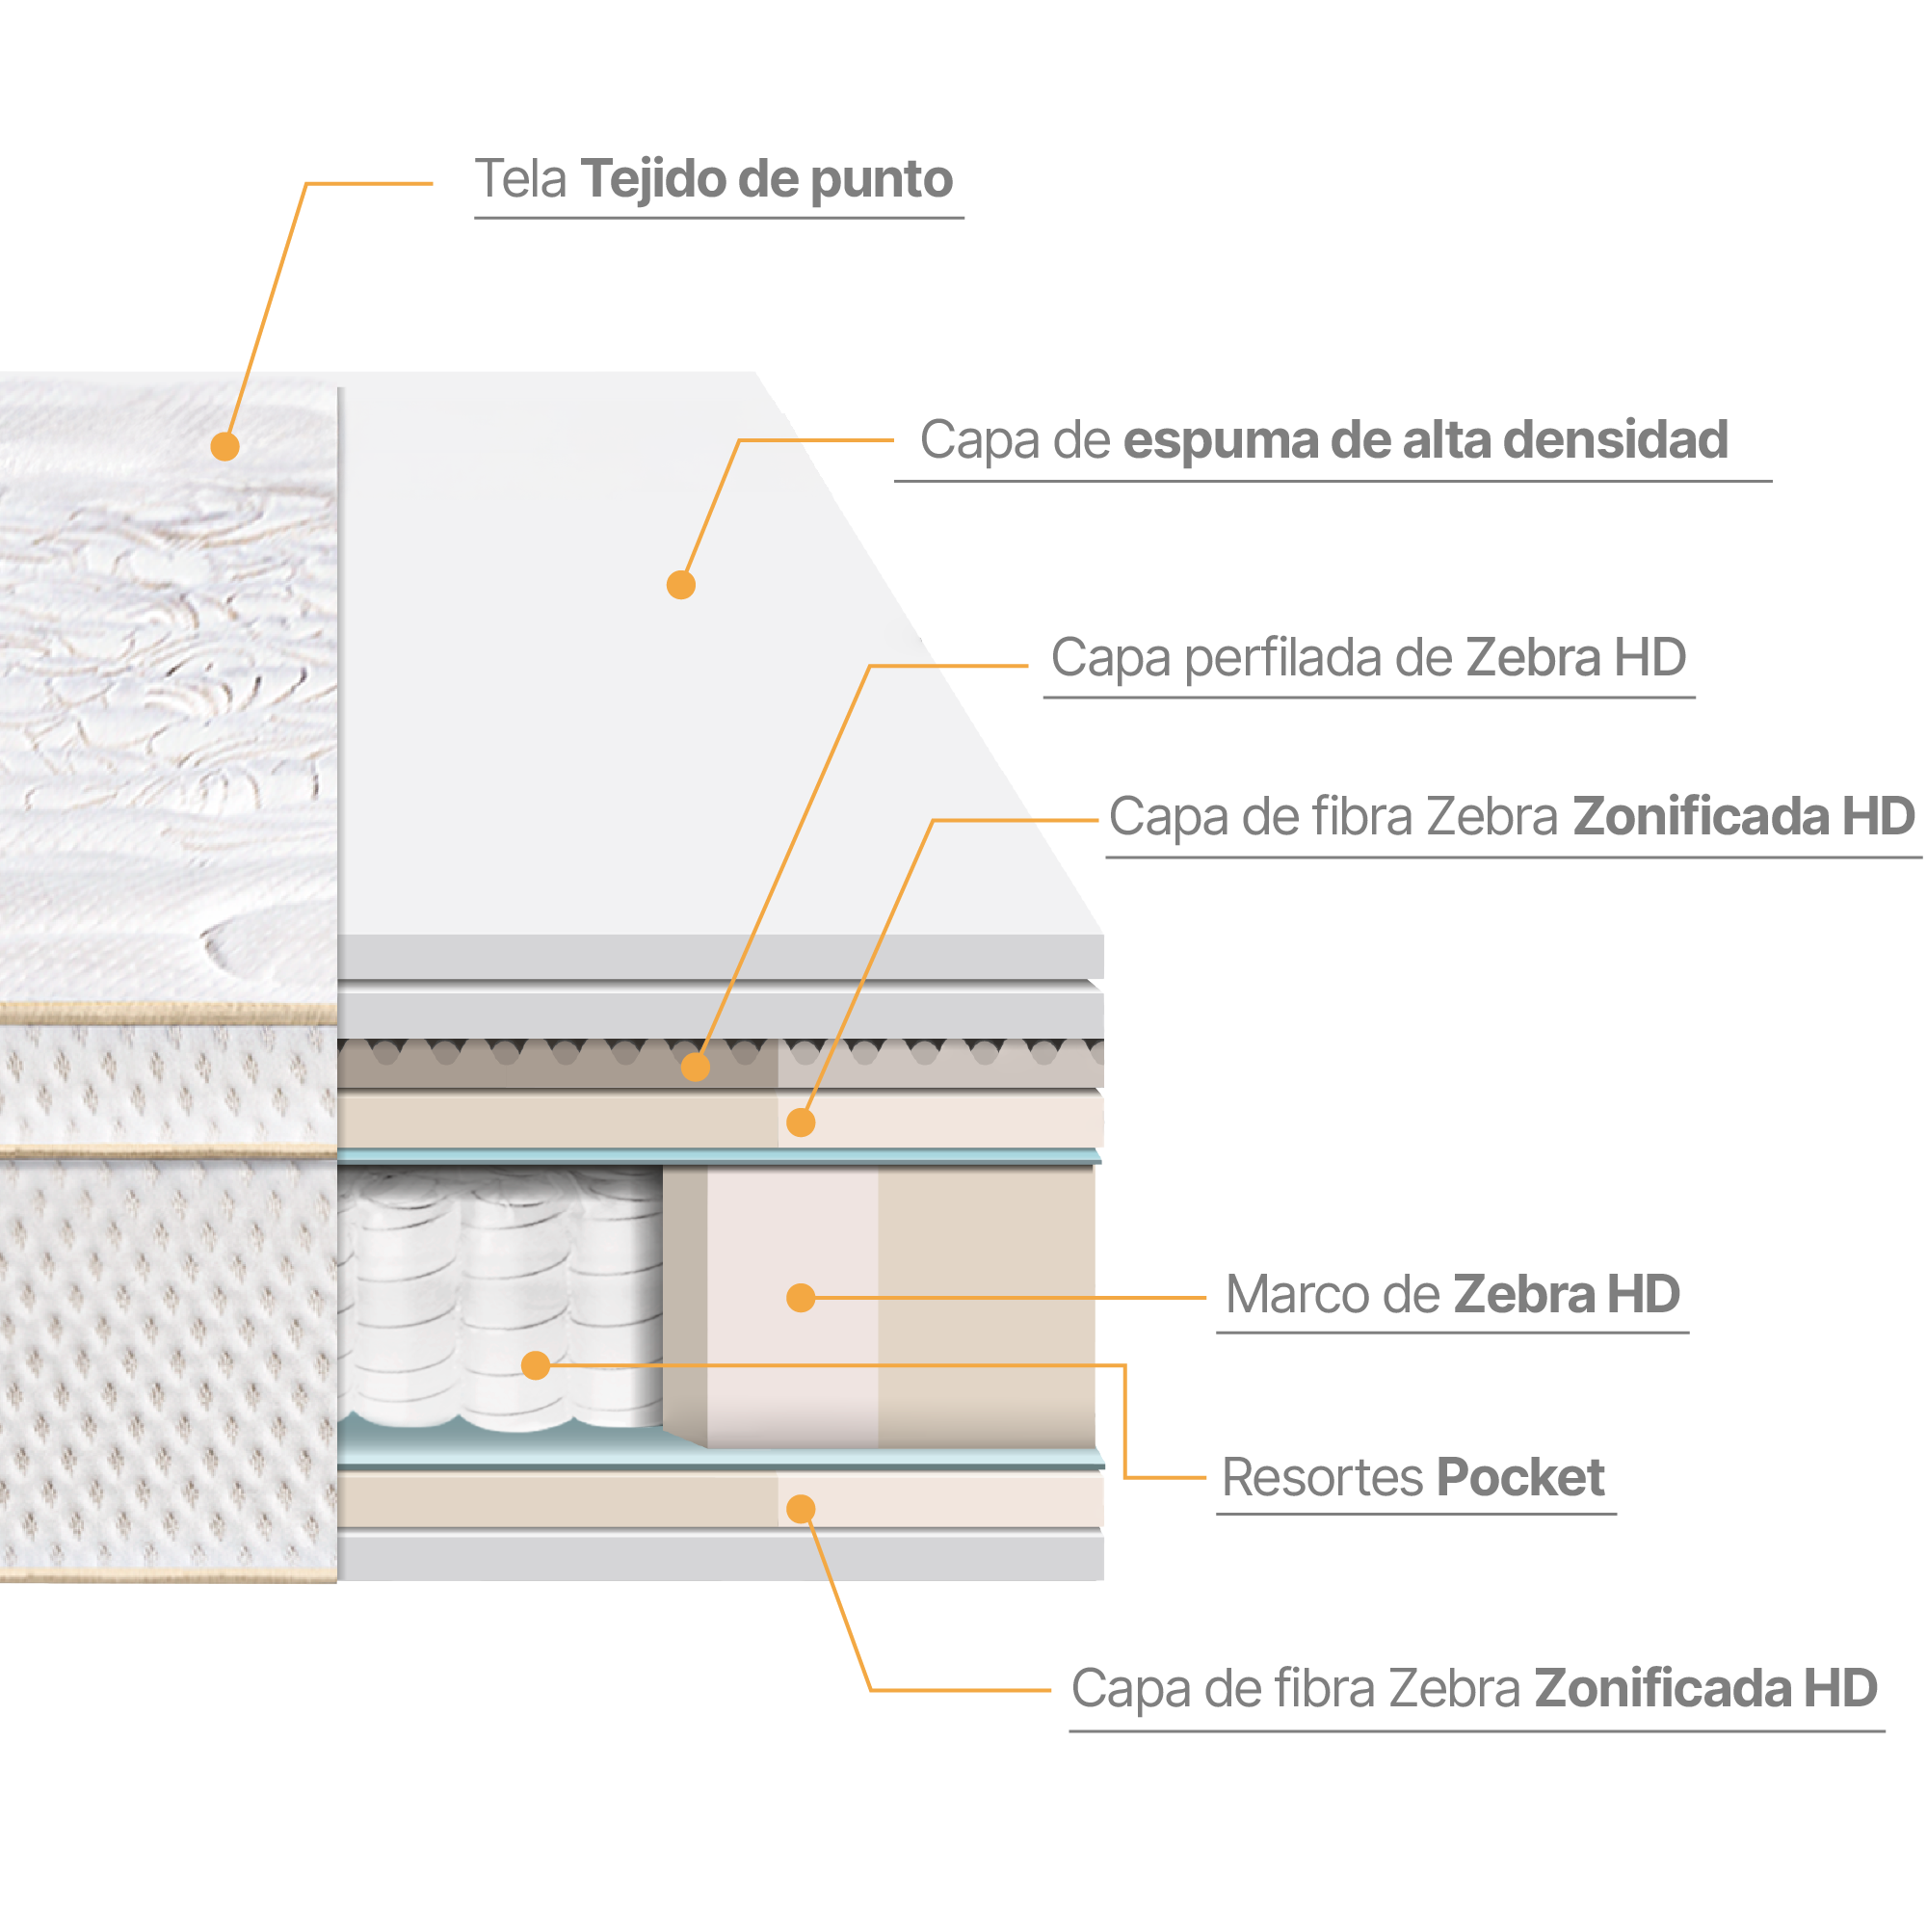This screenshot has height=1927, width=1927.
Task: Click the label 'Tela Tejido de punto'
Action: click(x=713, y=180)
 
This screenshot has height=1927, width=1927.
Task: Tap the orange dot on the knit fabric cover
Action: click(x=225, y=446)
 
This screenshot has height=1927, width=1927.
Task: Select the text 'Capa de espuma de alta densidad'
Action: click(x=1324, y=441)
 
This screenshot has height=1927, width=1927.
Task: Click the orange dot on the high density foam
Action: click(x=681, y=586)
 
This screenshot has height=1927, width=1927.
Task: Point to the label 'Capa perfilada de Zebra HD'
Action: click(x=1368, y=658)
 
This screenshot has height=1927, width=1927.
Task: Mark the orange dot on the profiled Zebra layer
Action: click(x=696, y=1068)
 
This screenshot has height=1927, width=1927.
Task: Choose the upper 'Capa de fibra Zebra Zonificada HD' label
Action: click(x=1511, y=817)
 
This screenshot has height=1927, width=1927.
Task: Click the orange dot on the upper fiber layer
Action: click(x=801, y=1123)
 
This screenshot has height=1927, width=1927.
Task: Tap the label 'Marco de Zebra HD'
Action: click(x=1452, y=1295)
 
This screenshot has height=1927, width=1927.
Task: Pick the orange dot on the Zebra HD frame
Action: click(x=801, y=1298)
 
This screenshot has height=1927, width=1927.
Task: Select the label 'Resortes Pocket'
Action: click(x=1412, y=1478)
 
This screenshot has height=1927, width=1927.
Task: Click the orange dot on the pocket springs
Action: click(x=536, y=1365)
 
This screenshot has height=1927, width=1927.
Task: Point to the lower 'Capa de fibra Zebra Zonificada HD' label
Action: click(x=1474, y=1689)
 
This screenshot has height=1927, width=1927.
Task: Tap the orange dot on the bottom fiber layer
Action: click(x=801, y=1509)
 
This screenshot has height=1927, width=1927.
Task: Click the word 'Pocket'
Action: click(x=1520, y=1478)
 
